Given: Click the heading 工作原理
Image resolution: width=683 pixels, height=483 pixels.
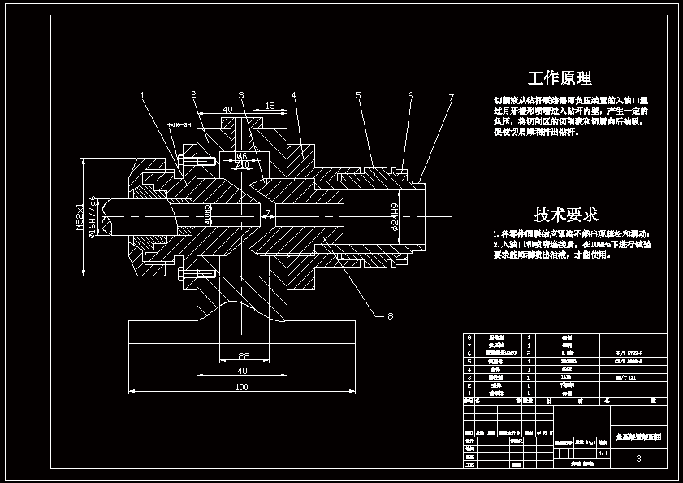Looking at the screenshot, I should (x=560, y=78).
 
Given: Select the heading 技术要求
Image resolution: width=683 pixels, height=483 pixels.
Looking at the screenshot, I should (x=566, y=215).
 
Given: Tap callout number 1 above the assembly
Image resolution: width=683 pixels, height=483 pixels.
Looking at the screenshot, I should (x=143, y=96).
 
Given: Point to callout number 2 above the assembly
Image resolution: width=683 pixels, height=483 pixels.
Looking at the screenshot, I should (x=193, y=95).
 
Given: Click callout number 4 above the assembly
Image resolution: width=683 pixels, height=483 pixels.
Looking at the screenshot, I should (x=294, y=96).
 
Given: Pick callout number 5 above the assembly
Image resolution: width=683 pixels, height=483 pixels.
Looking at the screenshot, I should (x=357, y=96).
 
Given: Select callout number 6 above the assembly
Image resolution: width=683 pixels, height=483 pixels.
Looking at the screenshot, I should (x=410, y=96).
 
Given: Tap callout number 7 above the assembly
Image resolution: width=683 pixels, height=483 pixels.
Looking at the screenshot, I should (x=451, y=98).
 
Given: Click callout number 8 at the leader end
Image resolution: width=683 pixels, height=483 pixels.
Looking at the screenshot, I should (x=390, y=316).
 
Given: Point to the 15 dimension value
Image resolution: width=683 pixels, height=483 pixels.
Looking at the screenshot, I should (x=270, y=106).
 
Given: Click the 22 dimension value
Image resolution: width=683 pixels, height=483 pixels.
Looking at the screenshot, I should (x=243, y=356).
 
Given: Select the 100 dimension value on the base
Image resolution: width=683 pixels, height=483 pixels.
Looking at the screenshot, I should (x=242, y=387).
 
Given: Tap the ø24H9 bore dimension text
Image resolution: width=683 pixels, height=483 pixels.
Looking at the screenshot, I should (x=394, y=215).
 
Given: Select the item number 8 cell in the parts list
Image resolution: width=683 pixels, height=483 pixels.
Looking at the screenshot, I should (x=467, y=337).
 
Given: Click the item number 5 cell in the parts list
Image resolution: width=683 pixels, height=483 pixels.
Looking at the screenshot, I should (x=467, y=361).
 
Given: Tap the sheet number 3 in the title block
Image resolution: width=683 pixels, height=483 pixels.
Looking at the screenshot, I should (x=638, y=459).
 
